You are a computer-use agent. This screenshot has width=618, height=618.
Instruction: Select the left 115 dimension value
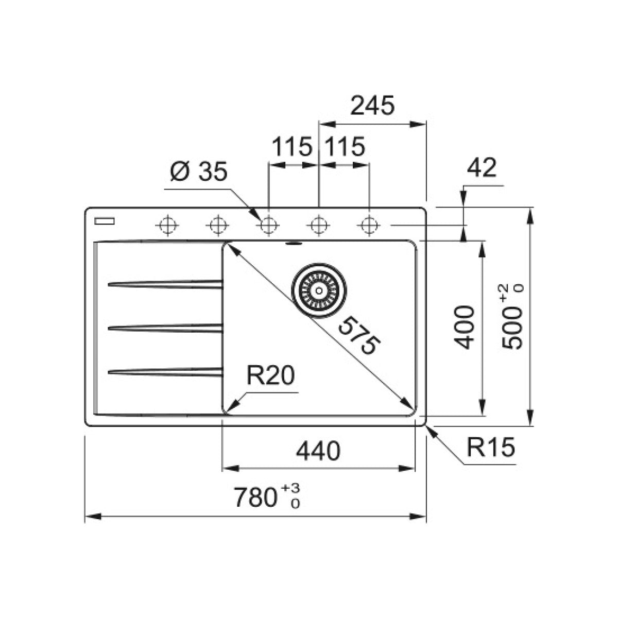[x=291, y=147]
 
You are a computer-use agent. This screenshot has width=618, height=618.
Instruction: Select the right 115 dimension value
[x=344, y=147]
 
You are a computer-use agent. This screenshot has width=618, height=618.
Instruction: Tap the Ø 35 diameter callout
[x=198, y=172]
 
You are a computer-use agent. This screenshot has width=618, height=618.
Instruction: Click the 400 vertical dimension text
[x=465, y=328]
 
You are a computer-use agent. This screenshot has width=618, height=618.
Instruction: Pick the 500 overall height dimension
[x=513, y=318]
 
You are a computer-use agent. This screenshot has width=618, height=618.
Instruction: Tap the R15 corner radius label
[x=490, y=448]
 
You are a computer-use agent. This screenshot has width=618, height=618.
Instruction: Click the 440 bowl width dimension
[x=318, y=451]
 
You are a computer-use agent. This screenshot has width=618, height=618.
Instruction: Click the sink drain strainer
[x=319, y=290]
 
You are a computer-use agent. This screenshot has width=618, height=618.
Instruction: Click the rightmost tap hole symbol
[x=368, y=225]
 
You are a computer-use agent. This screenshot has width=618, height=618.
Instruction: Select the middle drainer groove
[x=165, y=327]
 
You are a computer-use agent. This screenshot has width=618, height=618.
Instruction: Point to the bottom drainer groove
[x=165, y=370]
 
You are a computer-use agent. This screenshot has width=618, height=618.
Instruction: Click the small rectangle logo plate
[x=105, y=221]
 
